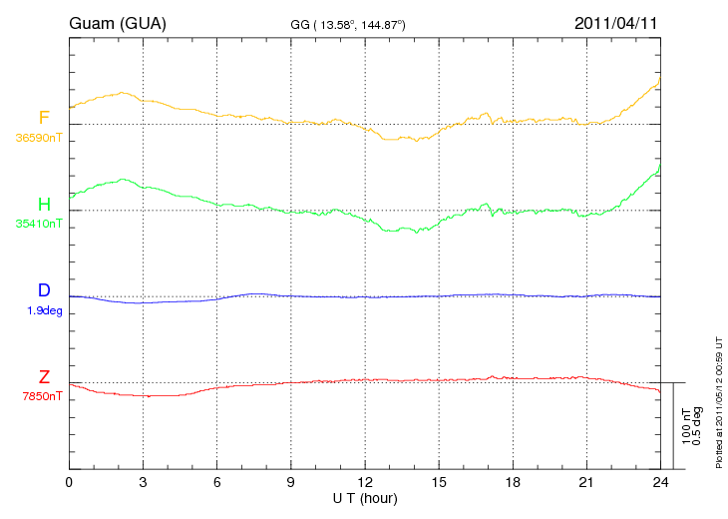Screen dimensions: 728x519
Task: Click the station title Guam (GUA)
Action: [118, 23]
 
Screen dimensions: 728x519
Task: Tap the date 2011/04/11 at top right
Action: [615, 23]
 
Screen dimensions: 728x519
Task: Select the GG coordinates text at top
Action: [348, 25]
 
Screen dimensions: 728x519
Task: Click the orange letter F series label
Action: [44, 118]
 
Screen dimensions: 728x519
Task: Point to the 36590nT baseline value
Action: [39, 138]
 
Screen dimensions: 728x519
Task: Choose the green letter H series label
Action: [44, 204]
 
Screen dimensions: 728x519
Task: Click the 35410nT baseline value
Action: [39, 224]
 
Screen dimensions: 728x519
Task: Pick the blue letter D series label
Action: [44, 289]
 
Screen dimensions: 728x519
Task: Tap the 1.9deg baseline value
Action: [45, 310]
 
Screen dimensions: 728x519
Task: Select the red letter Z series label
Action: [44, 376]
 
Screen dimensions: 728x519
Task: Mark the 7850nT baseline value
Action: [42, 396]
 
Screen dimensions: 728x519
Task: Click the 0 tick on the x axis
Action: [69, 482]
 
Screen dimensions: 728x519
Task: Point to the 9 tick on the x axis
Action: [290, 482]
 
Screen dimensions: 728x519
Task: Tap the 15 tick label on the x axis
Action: [439, 482]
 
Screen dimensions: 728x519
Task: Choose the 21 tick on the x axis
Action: [586, 482]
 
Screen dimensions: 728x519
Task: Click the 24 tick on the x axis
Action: [660, 482]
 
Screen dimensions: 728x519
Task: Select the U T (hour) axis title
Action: [365, 499]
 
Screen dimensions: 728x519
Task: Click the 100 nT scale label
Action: [686, 426]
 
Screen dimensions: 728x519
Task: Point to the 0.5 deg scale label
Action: [696, 426]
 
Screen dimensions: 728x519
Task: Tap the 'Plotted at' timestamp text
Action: [719, 402]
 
